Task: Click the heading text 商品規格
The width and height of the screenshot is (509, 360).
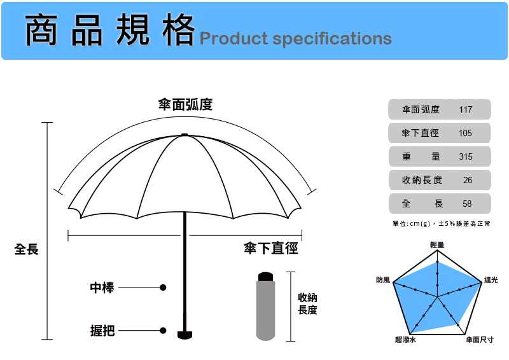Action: (109, 31)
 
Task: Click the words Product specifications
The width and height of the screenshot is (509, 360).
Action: (295, 38)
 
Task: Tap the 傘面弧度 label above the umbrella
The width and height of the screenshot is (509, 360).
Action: (185, 105)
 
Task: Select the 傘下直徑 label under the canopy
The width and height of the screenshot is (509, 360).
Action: (271, 249)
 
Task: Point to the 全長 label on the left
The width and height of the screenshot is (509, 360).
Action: (27, 249)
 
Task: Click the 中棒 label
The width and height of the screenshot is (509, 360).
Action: (102, 287)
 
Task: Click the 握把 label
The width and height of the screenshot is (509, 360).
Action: (102, 331)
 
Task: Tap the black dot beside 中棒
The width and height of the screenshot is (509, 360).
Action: (163, 287)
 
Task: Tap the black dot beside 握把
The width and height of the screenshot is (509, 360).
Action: (163, 331)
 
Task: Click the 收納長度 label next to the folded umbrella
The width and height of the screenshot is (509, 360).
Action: (307, 304)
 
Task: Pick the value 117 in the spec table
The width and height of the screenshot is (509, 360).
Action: (465, 109)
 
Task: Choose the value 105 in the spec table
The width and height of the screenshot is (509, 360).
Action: (465, 133)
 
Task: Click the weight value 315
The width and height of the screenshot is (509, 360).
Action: (465, 156)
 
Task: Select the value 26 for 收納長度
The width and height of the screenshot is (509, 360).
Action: (468, 180)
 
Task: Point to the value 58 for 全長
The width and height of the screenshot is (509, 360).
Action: (468, 204)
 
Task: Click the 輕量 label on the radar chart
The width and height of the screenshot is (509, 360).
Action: (437, 244)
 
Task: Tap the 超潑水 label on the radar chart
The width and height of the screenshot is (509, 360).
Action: (405, 340)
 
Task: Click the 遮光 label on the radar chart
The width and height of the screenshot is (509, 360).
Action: (491, 280)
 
